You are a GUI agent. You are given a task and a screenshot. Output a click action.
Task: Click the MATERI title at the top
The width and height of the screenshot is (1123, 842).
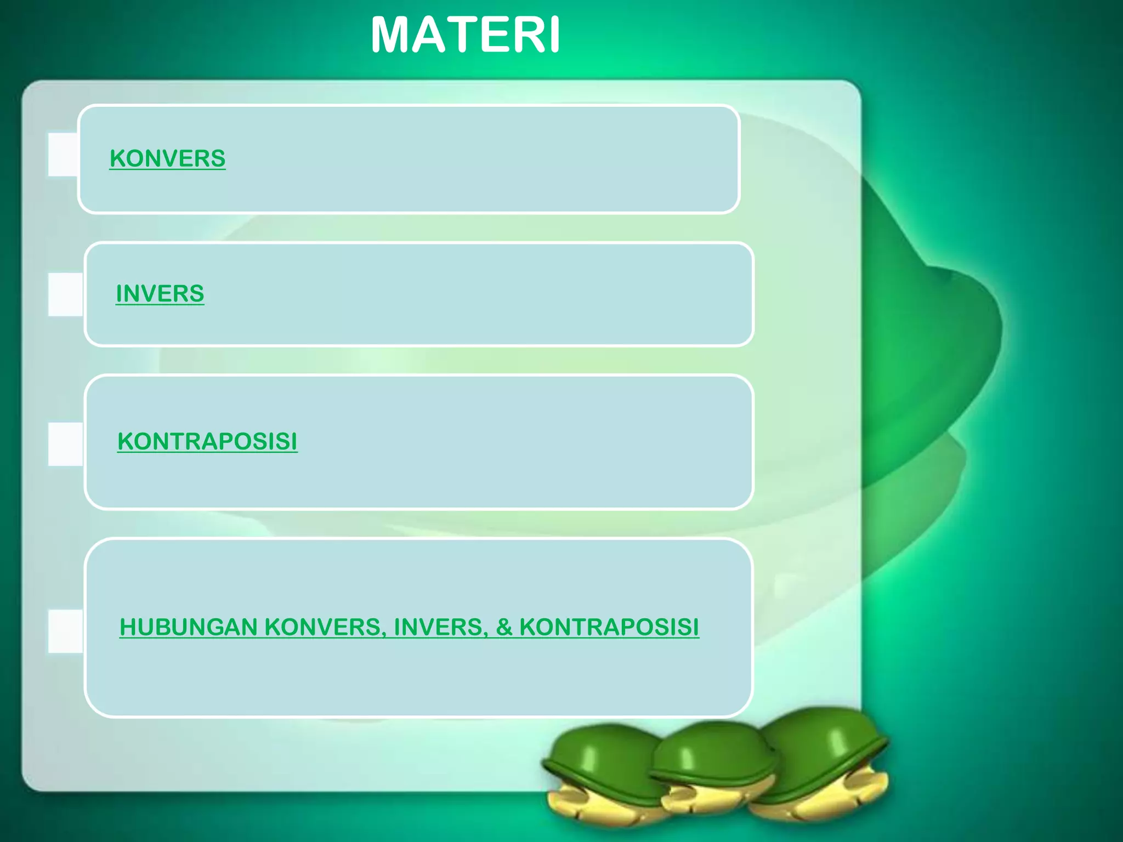465,35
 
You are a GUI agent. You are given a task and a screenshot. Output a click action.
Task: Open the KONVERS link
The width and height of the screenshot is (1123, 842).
167,158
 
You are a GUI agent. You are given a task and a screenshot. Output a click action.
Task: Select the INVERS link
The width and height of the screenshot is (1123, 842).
160,293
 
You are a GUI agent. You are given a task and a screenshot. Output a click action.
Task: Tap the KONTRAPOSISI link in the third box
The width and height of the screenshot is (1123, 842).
207,441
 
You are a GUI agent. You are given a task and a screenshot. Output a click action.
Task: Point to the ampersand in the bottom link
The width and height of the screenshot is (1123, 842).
504,627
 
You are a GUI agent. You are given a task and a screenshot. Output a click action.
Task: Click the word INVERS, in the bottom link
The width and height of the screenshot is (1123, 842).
438,627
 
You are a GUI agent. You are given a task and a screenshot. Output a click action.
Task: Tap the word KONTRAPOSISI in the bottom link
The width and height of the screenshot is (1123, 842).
609,627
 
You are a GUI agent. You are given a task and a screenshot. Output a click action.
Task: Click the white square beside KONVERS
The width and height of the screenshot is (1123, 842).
63,154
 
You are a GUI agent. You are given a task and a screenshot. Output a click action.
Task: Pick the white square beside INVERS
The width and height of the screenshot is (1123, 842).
65,294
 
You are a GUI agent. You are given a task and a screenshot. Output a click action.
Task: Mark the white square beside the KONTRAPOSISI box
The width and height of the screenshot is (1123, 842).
65,444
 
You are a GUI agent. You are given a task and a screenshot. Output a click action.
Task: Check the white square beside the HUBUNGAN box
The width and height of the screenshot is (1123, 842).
65,631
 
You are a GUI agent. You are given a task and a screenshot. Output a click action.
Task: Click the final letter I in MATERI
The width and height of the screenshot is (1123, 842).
554,35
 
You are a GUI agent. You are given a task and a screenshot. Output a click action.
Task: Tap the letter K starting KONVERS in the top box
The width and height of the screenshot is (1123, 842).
117,158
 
